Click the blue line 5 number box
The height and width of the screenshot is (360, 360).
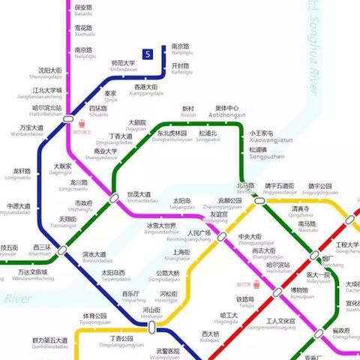[x=148, y=54]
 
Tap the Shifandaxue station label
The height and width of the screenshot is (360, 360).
[x=122, y=67]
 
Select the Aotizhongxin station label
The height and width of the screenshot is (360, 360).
[x=227, y=112]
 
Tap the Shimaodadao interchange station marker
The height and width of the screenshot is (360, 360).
[x=114, y=198]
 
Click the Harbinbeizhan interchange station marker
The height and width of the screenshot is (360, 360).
[x=69, y=118]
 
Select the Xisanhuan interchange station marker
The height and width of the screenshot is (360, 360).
[x=63, y=250]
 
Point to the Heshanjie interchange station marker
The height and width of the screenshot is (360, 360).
[x=151, y=328]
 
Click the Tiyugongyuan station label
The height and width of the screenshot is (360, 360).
[x=94, y=319]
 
